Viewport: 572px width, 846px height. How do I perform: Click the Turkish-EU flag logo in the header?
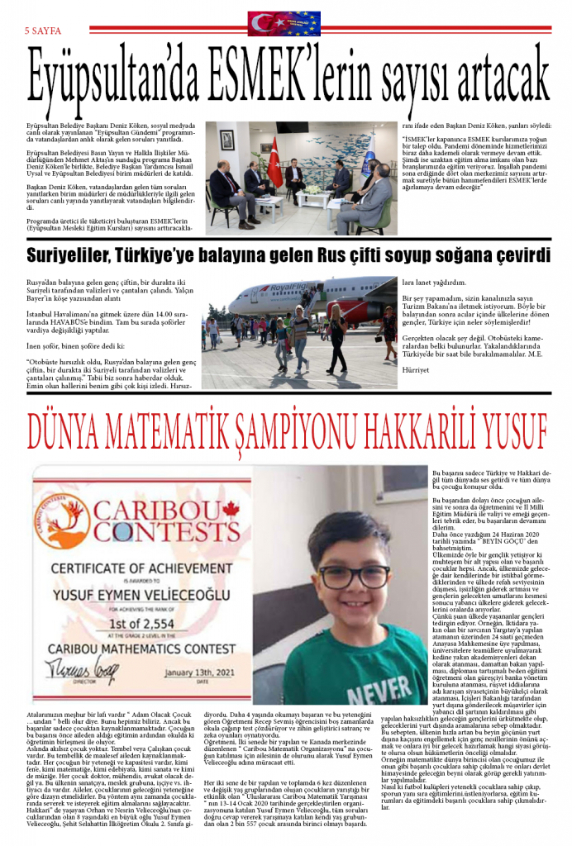pos(284,23)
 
